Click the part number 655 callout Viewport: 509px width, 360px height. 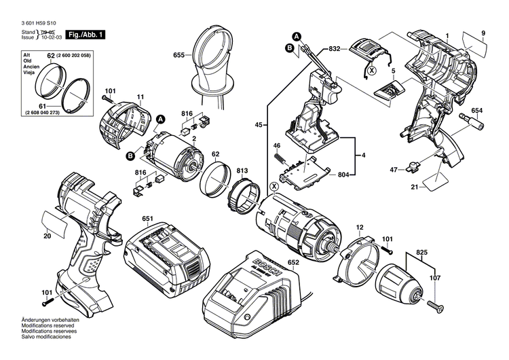pos(179,54)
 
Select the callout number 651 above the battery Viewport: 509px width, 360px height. pos(148,218)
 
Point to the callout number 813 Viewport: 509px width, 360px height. pos(242,170)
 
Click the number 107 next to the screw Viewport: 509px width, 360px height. pos(434,276)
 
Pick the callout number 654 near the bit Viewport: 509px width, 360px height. pos(477,111)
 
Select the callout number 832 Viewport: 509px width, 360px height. pos(335,49)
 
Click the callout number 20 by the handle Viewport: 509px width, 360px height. pos(47,236)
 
